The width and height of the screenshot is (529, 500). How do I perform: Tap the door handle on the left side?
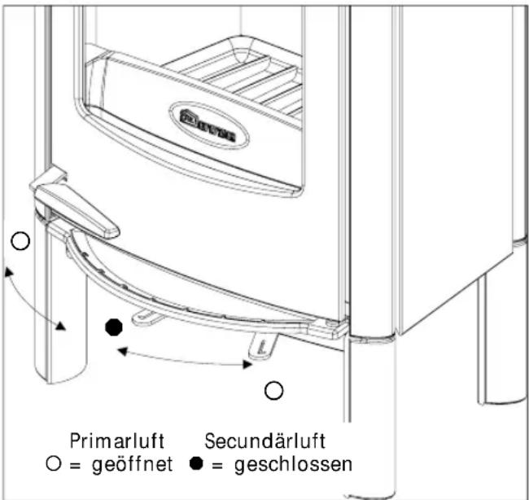pyautogui.click(x=77, y=207)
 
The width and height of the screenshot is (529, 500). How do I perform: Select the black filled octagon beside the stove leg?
pyautogui.click(x=115, y=327)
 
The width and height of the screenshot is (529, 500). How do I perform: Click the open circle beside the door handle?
pyautogui.click(x=21, y=241)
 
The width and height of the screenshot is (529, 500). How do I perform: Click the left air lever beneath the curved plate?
pyautogui.click(x=146, y=315)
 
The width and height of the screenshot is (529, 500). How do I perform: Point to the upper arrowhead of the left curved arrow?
pyautogui.click(x=7, y=270)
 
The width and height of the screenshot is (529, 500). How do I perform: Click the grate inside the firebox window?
pyautogui.click(x=244, y=77)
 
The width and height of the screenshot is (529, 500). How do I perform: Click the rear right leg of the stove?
pyautogui.click(x=496, y=342)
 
